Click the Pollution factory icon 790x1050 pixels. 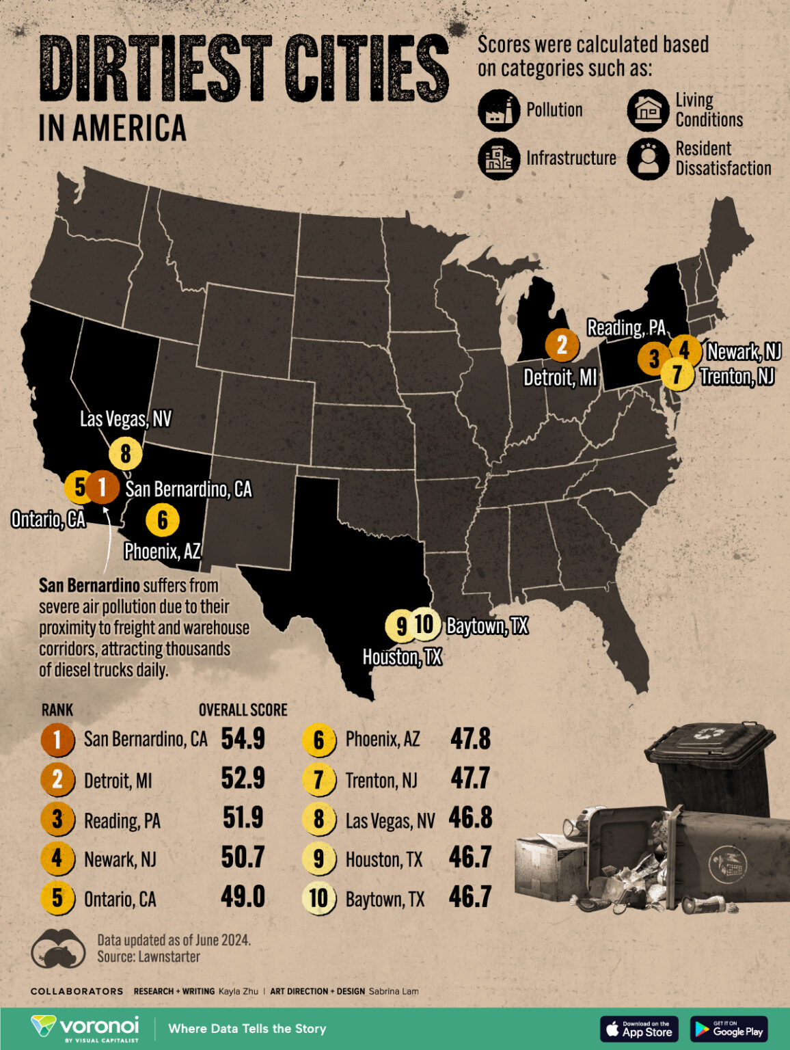pos(499,110)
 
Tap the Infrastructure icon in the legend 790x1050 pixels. pos(499,159)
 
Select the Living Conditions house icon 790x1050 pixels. pos(648,110)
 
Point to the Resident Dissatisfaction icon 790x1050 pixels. pos(648,159)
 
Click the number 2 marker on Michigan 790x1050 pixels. pos(562,345)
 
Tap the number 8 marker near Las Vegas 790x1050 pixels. pos(125,453)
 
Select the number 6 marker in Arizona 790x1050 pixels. pos(162,520)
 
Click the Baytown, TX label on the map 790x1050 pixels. pos(487,625)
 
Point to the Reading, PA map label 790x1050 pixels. pos(626,327)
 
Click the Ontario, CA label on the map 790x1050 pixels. pos(49,520)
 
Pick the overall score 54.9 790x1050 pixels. pos(243,739)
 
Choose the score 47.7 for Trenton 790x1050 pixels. pos(470,779)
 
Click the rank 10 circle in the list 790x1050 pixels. pos(318,898)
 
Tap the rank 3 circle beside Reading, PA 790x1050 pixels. pos(57,819)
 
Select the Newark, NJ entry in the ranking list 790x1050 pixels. pos(120,859)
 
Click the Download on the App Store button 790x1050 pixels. pos(639,1029)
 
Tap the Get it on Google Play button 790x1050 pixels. pos(729,1029)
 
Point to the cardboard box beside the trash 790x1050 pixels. pos(550,865)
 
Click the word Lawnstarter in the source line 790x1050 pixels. pos(169,957)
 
